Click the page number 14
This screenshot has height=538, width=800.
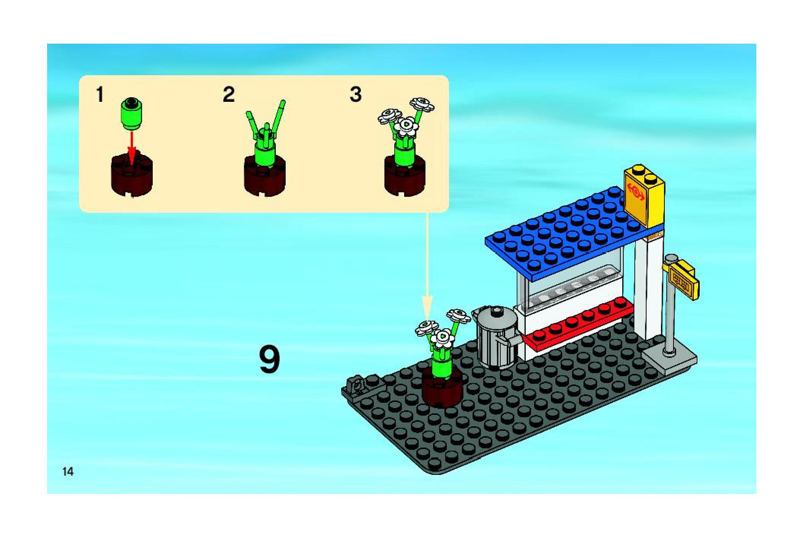[x=68, y=472]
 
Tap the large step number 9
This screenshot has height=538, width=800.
[x=269, y=359]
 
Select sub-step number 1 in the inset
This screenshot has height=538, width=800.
[x=100, y=95]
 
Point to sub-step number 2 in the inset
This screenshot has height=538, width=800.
[x=229, y=95]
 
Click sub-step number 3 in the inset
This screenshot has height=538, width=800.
[x=356, y=95]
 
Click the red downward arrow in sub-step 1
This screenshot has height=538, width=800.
[x=131, y=148]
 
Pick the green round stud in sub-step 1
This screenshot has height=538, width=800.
[x=131, y=113]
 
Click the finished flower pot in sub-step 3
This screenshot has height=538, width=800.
[x=405, y=152]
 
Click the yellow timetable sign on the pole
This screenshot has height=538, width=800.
[x=684, y=281]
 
